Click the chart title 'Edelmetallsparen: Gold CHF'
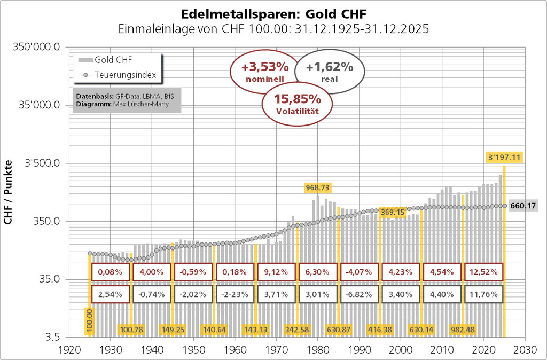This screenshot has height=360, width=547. point(273,13)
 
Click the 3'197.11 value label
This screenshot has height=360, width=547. point(504,158)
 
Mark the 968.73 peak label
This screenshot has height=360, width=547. point(317,187)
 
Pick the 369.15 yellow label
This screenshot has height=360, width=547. point(393,213)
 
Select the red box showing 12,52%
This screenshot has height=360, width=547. point(483,272)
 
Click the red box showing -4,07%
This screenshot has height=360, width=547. point(360,272)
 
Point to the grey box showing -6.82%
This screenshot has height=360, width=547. point(360,294)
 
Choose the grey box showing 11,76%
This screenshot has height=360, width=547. point(483,294)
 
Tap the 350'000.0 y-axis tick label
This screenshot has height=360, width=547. point(38,47)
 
